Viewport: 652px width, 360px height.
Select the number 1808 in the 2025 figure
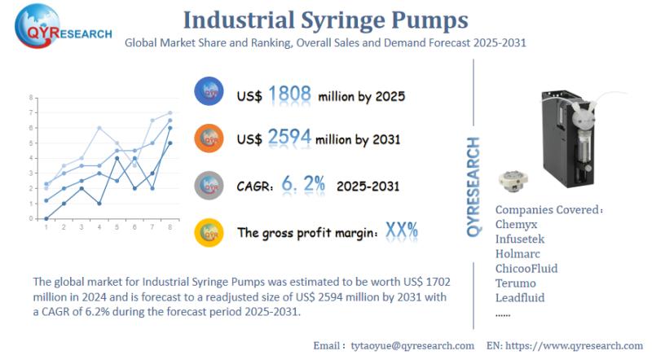point(289,94)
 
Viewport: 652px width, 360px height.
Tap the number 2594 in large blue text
point(289,138)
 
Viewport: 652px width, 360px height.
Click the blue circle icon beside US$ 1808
point(209,92)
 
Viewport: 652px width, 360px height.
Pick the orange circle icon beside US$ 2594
point(209,138)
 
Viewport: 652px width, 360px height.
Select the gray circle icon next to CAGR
point(209,185)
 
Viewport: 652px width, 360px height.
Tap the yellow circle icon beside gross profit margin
point(209,232)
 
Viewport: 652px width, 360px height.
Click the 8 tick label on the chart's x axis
point(170,227)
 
